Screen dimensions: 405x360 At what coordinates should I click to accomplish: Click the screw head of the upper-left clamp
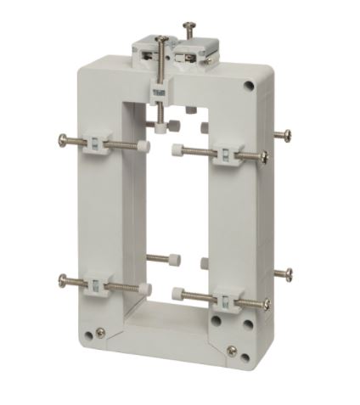pos(63,139)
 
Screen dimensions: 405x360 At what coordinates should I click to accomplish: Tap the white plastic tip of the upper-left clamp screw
pos(145,147)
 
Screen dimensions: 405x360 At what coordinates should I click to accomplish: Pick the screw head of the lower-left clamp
pos(63,280)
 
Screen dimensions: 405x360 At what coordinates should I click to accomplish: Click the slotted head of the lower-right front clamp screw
pos(266,303)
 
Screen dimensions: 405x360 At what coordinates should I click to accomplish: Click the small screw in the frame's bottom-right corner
pos(231,349)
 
